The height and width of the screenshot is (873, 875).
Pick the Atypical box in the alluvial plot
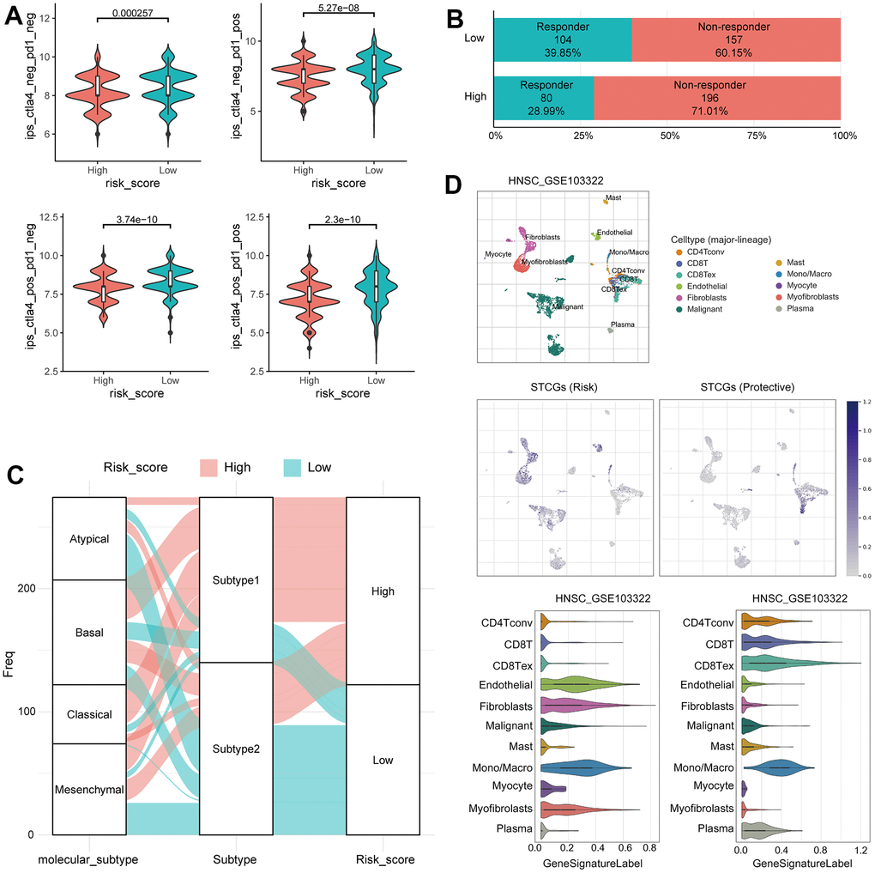(89, 539)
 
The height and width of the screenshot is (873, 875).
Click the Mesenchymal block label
(89, 790)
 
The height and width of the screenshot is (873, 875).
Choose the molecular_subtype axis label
(88, 859)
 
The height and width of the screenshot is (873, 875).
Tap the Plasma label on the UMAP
(622, 326)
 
